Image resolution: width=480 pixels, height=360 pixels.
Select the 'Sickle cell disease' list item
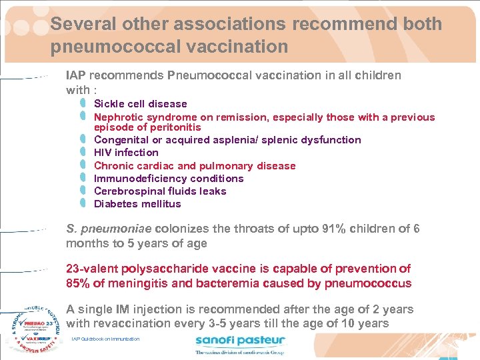[x=140, y=104]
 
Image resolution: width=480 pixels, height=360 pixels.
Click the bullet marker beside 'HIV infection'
[x=82, y=153]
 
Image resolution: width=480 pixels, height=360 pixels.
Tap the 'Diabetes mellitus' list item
[x=137, y=204]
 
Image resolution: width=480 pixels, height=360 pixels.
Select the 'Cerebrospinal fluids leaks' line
[x=160, y=191]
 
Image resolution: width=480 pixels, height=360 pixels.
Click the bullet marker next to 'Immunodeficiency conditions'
[x=82, y=179]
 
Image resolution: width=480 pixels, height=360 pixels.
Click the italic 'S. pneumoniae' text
[x=109, y=229]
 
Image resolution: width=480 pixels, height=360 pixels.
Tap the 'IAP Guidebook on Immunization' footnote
[x=105, y=339]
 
